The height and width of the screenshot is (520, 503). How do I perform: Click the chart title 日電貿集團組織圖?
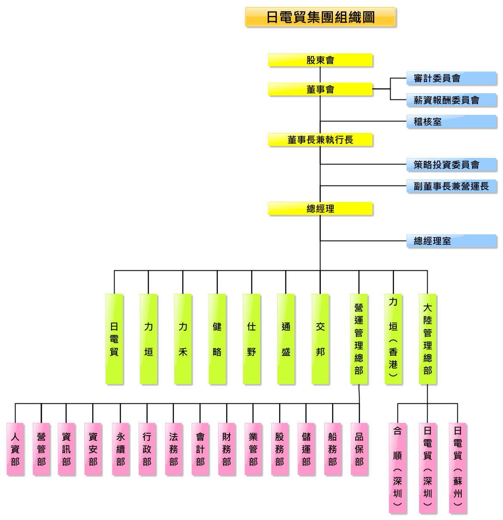[x=321, y=17]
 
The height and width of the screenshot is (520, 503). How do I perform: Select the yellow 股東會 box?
[x=320, y=60]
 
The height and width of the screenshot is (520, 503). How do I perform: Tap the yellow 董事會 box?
[x=320, y=90]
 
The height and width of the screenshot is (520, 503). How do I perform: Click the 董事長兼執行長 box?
[x=320, y=140]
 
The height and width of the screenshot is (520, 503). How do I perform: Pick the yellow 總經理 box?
[x=320, y=209]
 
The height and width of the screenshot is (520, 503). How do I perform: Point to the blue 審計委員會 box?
[x=452, y=78]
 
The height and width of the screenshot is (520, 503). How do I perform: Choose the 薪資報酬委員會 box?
[x=452, y=100]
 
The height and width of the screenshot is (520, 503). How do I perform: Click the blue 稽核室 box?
[x=452, y=122]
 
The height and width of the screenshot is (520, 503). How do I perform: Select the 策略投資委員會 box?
[x=452, y=165]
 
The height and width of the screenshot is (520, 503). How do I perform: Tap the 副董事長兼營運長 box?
[x=452, y=186]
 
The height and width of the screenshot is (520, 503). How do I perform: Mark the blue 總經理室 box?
[x=452, y=241]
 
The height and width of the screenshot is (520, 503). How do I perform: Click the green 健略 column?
[x=217, y=339]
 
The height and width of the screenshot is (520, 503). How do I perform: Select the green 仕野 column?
[x=252, y=339]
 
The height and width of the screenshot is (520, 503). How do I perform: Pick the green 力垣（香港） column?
[x=394, y=339]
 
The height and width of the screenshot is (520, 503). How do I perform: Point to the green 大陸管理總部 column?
[x=428, y=339]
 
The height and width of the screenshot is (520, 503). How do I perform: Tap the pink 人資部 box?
[x=16, y=449]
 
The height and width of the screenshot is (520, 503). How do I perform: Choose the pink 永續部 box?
[x=121, y=449]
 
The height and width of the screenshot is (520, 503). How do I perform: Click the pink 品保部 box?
[x=360, y=449]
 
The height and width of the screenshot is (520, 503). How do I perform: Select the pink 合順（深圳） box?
[x=398, y=468]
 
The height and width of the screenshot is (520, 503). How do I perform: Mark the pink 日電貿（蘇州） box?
[x=458, y=468]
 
